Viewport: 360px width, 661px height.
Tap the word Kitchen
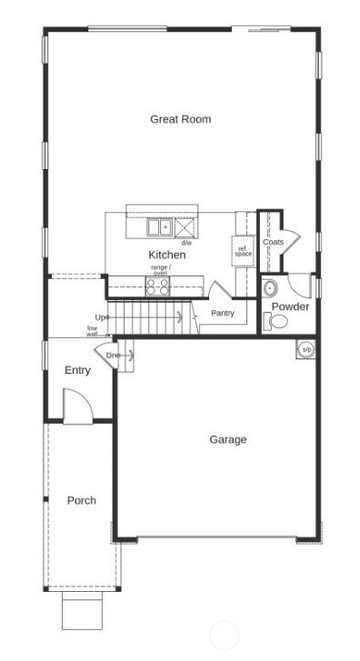tap(167, 255)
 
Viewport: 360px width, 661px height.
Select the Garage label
tap(228, 440)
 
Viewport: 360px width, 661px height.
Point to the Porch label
tap(81, 501)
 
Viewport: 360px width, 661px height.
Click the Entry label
tap(77, 371)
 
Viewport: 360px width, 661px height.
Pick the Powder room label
tap(290, 306)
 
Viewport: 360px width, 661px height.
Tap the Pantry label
tap(223, 314)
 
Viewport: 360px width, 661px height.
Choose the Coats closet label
tap(273, 243)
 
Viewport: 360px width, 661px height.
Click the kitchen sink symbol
tap(161, 226)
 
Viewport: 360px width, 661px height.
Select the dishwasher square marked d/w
tap(185, 227)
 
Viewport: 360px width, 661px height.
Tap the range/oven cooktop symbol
tap(158, 287)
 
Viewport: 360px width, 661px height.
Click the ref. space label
tap(243, 251)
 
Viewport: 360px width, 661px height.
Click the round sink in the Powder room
tap(270, 288)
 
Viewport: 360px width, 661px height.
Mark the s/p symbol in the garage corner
tap(307, 349)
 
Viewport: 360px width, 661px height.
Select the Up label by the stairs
tap(102, 317)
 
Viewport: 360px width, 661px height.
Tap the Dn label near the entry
tap(113, 356)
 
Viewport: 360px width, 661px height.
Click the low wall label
tap(92, 331)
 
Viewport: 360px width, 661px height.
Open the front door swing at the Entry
tap(76, 405)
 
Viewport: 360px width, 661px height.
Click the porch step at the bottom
tap(82, 611)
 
